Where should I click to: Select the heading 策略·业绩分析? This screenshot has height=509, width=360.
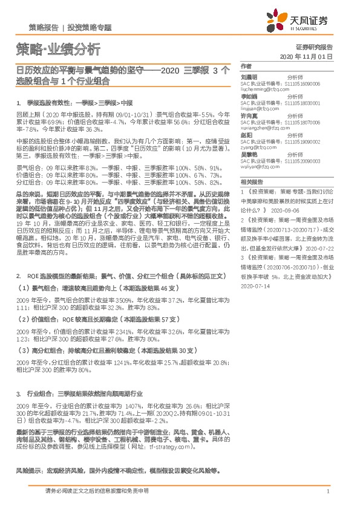point(54,49)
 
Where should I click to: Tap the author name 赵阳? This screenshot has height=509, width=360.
point(246,136)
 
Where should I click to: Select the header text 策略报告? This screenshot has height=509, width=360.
point(43,27)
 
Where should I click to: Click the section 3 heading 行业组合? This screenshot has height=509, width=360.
point(42,393)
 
